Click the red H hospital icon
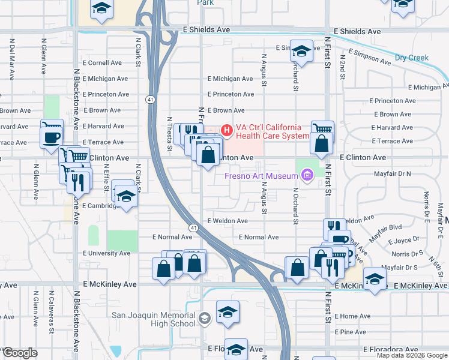point(227,129)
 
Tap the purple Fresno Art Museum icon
point(308,175)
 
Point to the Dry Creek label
point(412,58)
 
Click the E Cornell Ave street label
point(102,62)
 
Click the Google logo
point(19,353)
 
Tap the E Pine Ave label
point(351,332)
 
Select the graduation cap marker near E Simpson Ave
point(301,51)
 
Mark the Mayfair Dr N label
point(392,173)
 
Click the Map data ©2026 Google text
point(411,355)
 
